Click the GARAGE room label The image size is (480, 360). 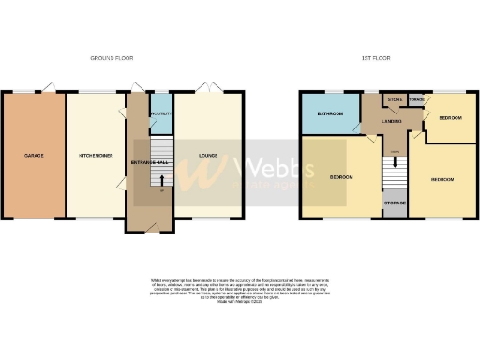[x=34, y=155]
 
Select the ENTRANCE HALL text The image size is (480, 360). [x=149, y=162]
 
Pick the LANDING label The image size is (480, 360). [x=392, y=120]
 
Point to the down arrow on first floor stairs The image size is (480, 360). [x=395, y=159]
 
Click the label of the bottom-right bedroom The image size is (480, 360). [x=442, y=178]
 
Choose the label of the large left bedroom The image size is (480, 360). [x=340, y=176]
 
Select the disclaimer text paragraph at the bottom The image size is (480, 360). [x=241, y=289]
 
